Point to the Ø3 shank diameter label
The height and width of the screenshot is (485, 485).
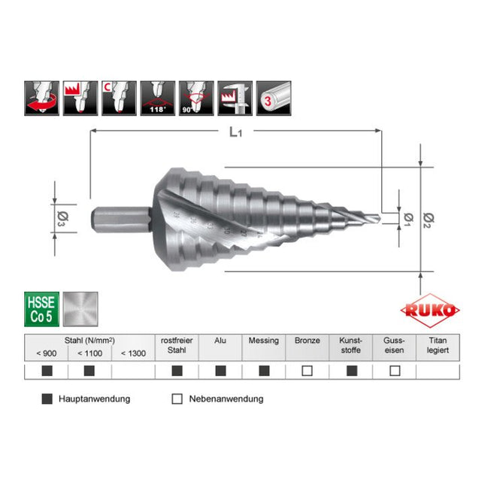[x=62, y=217]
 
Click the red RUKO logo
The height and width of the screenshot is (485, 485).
[x=431, y=310]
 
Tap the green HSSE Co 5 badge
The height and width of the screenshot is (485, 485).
[x=41, y=309]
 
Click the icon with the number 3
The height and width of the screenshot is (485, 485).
[x=274, y=99]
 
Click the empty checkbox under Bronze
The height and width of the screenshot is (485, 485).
[x=307, y=370]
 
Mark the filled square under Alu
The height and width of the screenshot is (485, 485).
[x=220, y=370]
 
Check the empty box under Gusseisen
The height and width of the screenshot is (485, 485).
[x=395, y=370]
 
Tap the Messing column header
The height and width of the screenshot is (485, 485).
[x=263, y=341]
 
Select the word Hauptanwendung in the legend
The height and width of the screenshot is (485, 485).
[x=94, y=399]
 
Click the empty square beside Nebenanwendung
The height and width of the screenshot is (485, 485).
[x=177, y=399]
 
